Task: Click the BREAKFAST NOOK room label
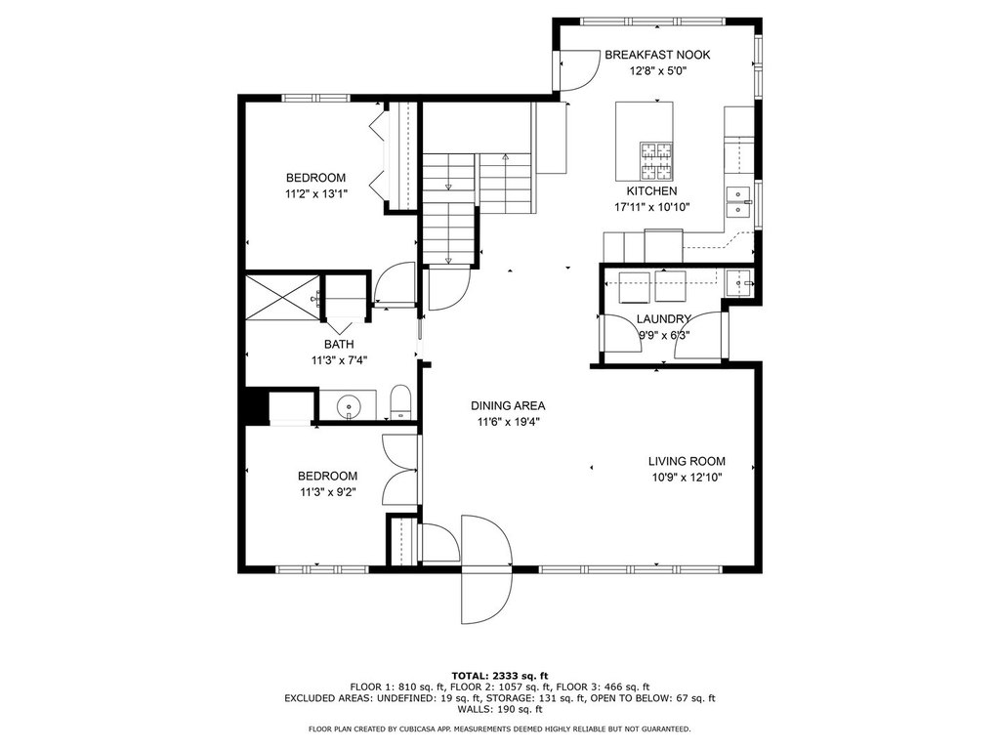pyautogui.click(x=657, y=55)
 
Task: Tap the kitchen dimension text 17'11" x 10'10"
pyautogui.click(x=651, y=207)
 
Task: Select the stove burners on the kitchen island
pyautogui.click(x=656, y=161)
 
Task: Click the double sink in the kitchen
pyautogui.click(x=738, y=202)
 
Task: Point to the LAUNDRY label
pyautogui.click(x=663, y=319)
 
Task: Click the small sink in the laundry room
pyautogui.click(x=739, y=281)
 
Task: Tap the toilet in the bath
pyautogui.click(x=399, y=401)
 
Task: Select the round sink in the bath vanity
pyautogui.click(x=349, y=405)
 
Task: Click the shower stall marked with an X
pyautogui.click(x=282, y=296)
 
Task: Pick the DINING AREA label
pyautogui.click(x=508, y=405)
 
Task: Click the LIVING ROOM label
pyautogui.click(x=687, y=461)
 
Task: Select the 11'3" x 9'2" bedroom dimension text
pyautogui.click(x=328, y=492)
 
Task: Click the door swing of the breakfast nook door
pyautogui.click(x=579, y=71)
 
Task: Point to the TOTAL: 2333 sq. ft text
pyautogui.click(x=500, y=676)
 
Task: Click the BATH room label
pyautogui.click(x=339, y=345)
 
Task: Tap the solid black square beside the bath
pyautogui.click(x=257, y=405)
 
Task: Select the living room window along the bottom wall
pyautogui.click(x=631, y=568)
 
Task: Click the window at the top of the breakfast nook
pyautogui.click(x=653, y=21)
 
